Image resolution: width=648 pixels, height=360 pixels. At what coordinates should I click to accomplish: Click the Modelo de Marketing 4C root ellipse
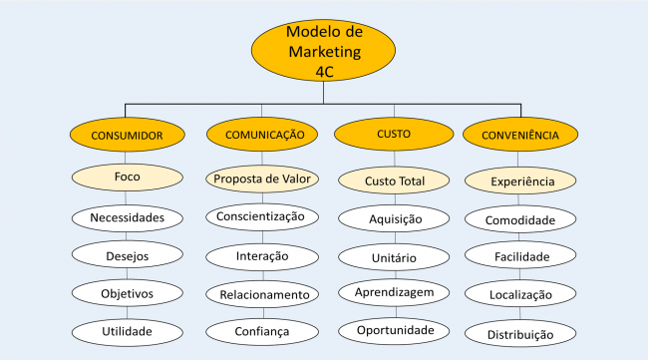pyautogui.click(x=324, y=52)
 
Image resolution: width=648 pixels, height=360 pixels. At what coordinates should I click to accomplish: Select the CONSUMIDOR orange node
pyautogui.click(x=127, y=134)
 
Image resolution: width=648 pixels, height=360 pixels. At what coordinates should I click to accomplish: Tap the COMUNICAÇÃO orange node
pyautogui.click(x=262, y=134)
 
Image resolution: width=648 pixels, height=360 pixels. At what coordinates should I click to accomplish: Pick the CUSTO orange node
pyautogui.click(x=393, y=134)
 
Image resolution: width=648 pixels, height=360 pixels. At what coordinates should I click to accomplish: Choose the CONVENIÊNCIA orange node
pyautogui.click(x=519, y=134)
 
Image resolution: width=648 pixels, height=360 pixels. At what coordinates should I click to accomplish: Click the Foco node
pyautogui.click(x=127, y=178)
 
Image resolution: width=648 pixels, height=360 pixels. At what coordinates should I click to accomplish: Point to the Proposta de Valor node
pyautogui.click(x=262, y=180)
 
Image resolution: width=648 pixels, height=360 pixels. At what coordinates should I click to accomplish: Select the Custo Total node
pyautogui.click(x=395, y=181)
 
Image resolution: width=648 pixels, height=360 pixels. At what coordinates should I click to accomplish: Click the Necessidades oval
pyautogui.click(x=127, y=216)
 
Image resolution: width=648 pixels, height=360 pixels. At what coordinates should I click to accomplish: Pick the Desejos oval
pyautogui.click(x=127, y=255)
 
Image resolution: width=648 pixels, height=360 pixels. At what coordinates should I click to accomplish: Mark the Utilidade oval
pyautogui.click(x=127, y=330)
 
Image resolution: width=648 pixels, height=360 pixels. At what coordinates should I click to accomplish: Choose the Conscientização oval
pyautogui.click(x=262, y=216)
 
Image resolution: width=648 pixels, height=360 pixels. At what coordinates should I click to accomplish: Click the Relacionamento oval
pyautogui.click(x=262, y=294)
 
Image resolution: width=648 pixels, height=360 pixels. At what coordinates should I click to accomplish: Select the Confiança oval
pyautogui.click(x=262, y=331)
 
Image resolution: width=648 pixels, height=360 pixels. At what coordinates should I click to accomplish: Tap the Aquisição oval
pyautogui.click(x=395, y=218)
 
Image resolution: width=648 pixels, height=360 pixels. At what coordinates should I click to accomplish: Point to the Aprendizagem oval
pyautogui.click(x=395, y=293)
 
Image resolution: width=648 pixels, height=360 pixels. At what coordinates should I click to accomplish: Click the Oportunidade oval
pyautogui.click(x=395, y=329)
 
